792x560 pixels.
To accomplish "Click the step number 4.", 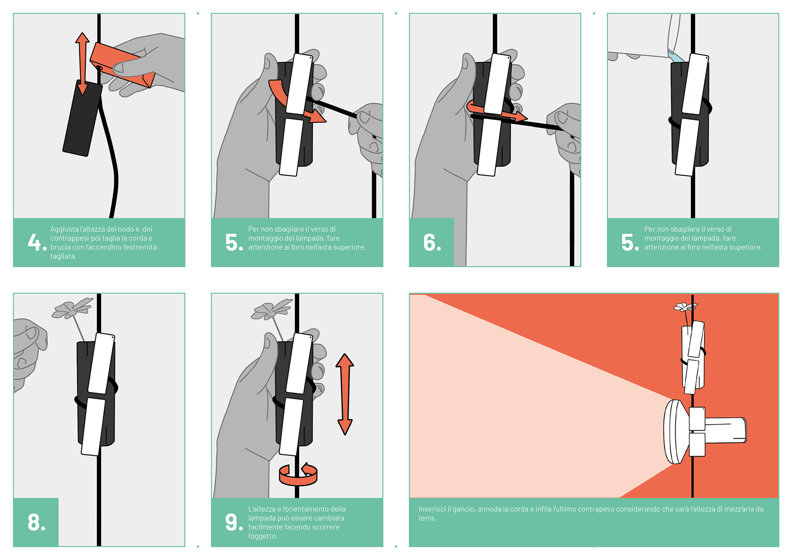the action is [37, 242].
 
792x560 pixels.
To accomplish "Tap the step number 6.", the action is [432, 242].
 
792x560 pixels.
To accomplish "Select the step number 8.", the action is [36, 522].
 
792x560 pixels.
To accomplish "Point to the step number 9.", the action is [234, 522].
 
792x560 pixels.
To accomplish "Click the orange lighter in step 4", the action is [122, 65].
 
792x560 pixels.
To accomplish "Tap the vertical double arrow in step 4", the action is [82, 64].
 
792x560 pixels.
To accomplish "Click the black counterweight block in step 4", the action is [82, 118].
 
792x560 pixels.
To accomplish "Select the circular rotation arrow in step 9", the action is [298, 475].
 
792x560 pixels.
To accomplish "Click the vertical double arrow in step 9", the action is [344, 394].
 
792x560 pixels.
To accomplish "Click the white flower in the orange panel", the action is [685, 306].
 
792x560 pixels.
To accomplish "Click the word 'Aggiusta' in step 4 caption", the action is [64, 229].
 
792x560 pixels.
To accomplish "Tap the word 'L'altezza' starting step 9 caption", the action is [263, 509].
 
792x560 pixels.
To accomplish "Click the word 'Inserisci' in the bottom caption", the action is [432, 509].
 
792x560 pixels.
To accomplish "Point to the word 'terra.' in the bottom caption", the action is [427, 518].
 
